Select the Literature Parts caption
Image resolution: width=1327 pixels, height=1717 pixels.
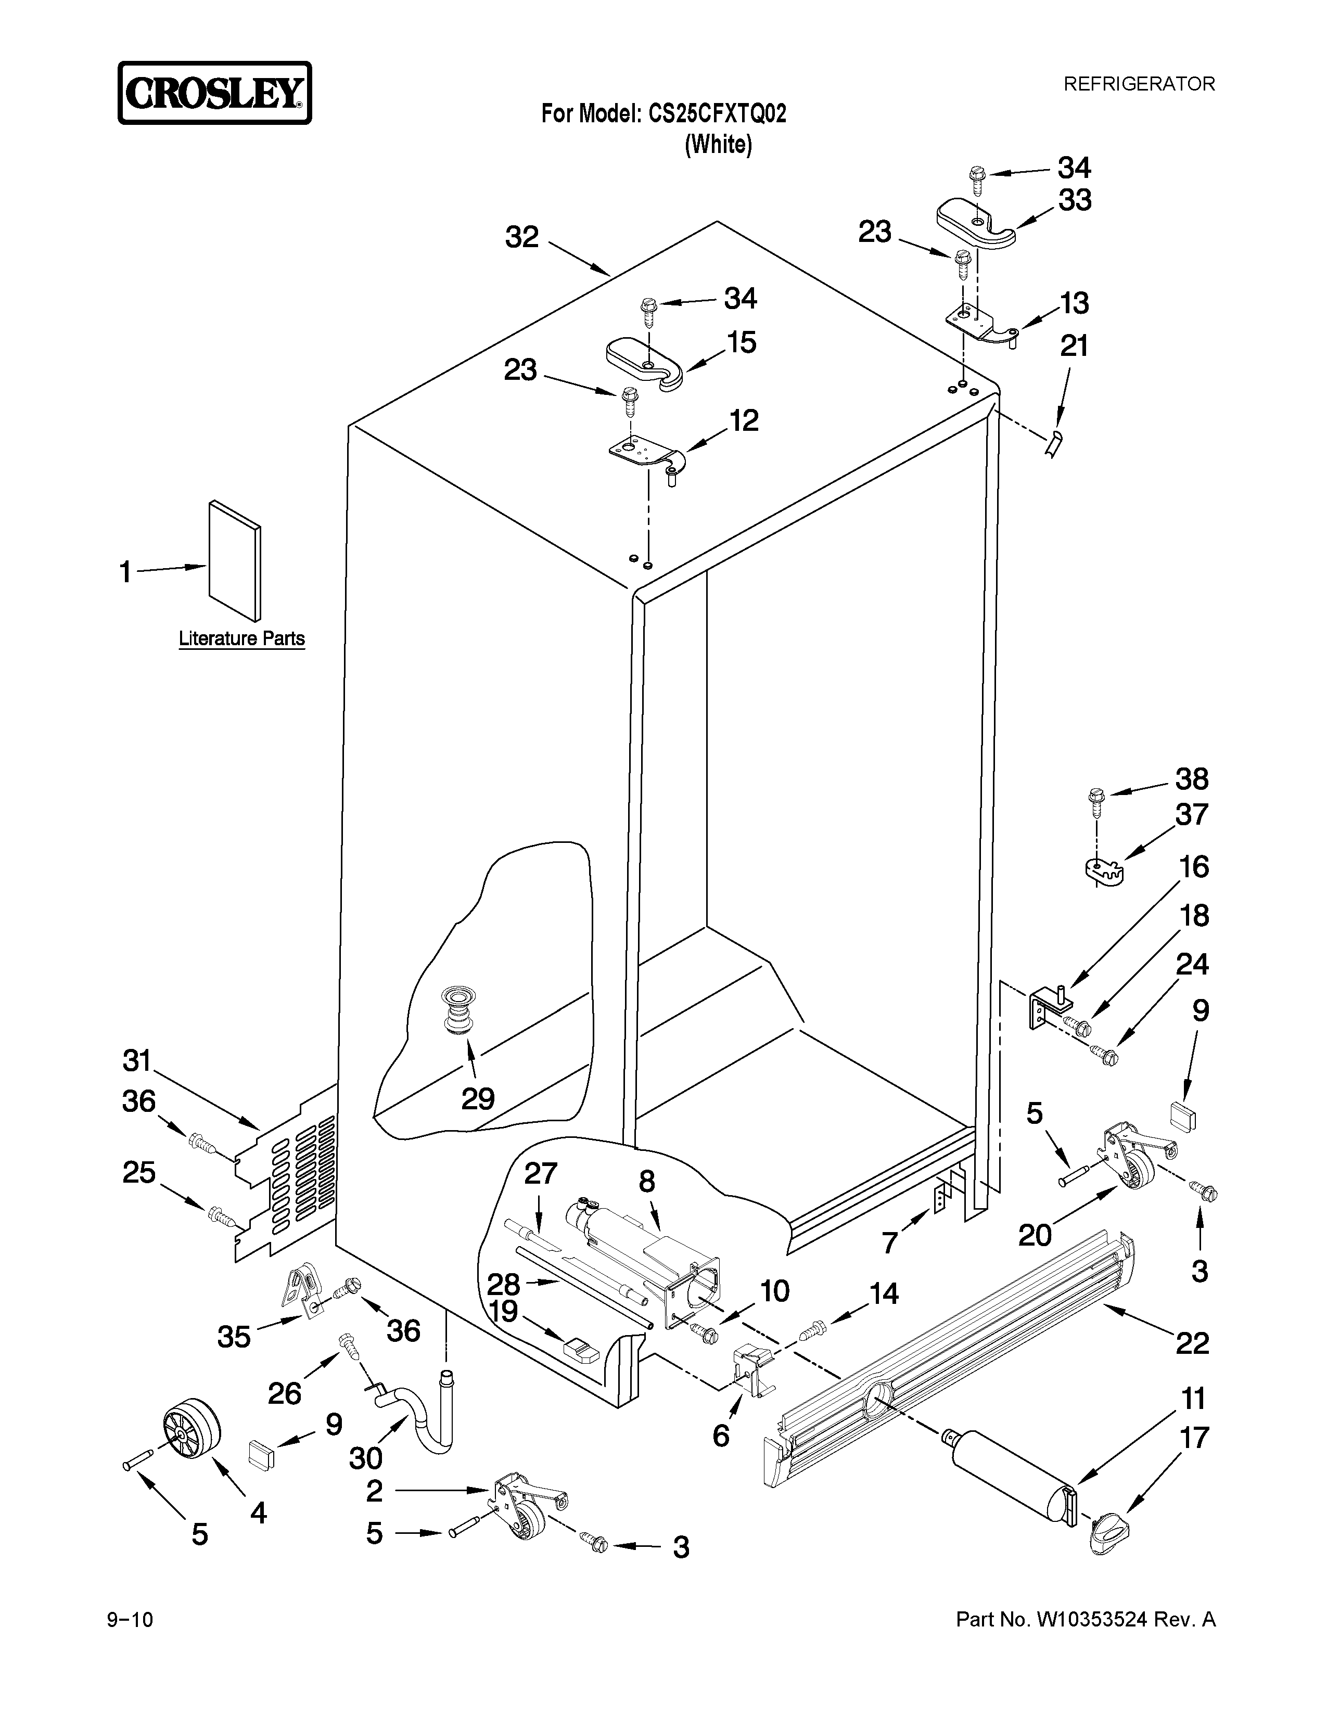coord(241,638)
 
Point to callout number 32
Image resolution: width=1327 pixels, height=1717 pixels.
coord(522,237)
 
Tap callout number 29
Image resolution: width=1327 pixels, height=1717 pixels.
coord(478,1098)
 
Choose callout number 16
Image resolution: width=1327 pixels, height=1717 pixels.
coord(1193,867)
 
